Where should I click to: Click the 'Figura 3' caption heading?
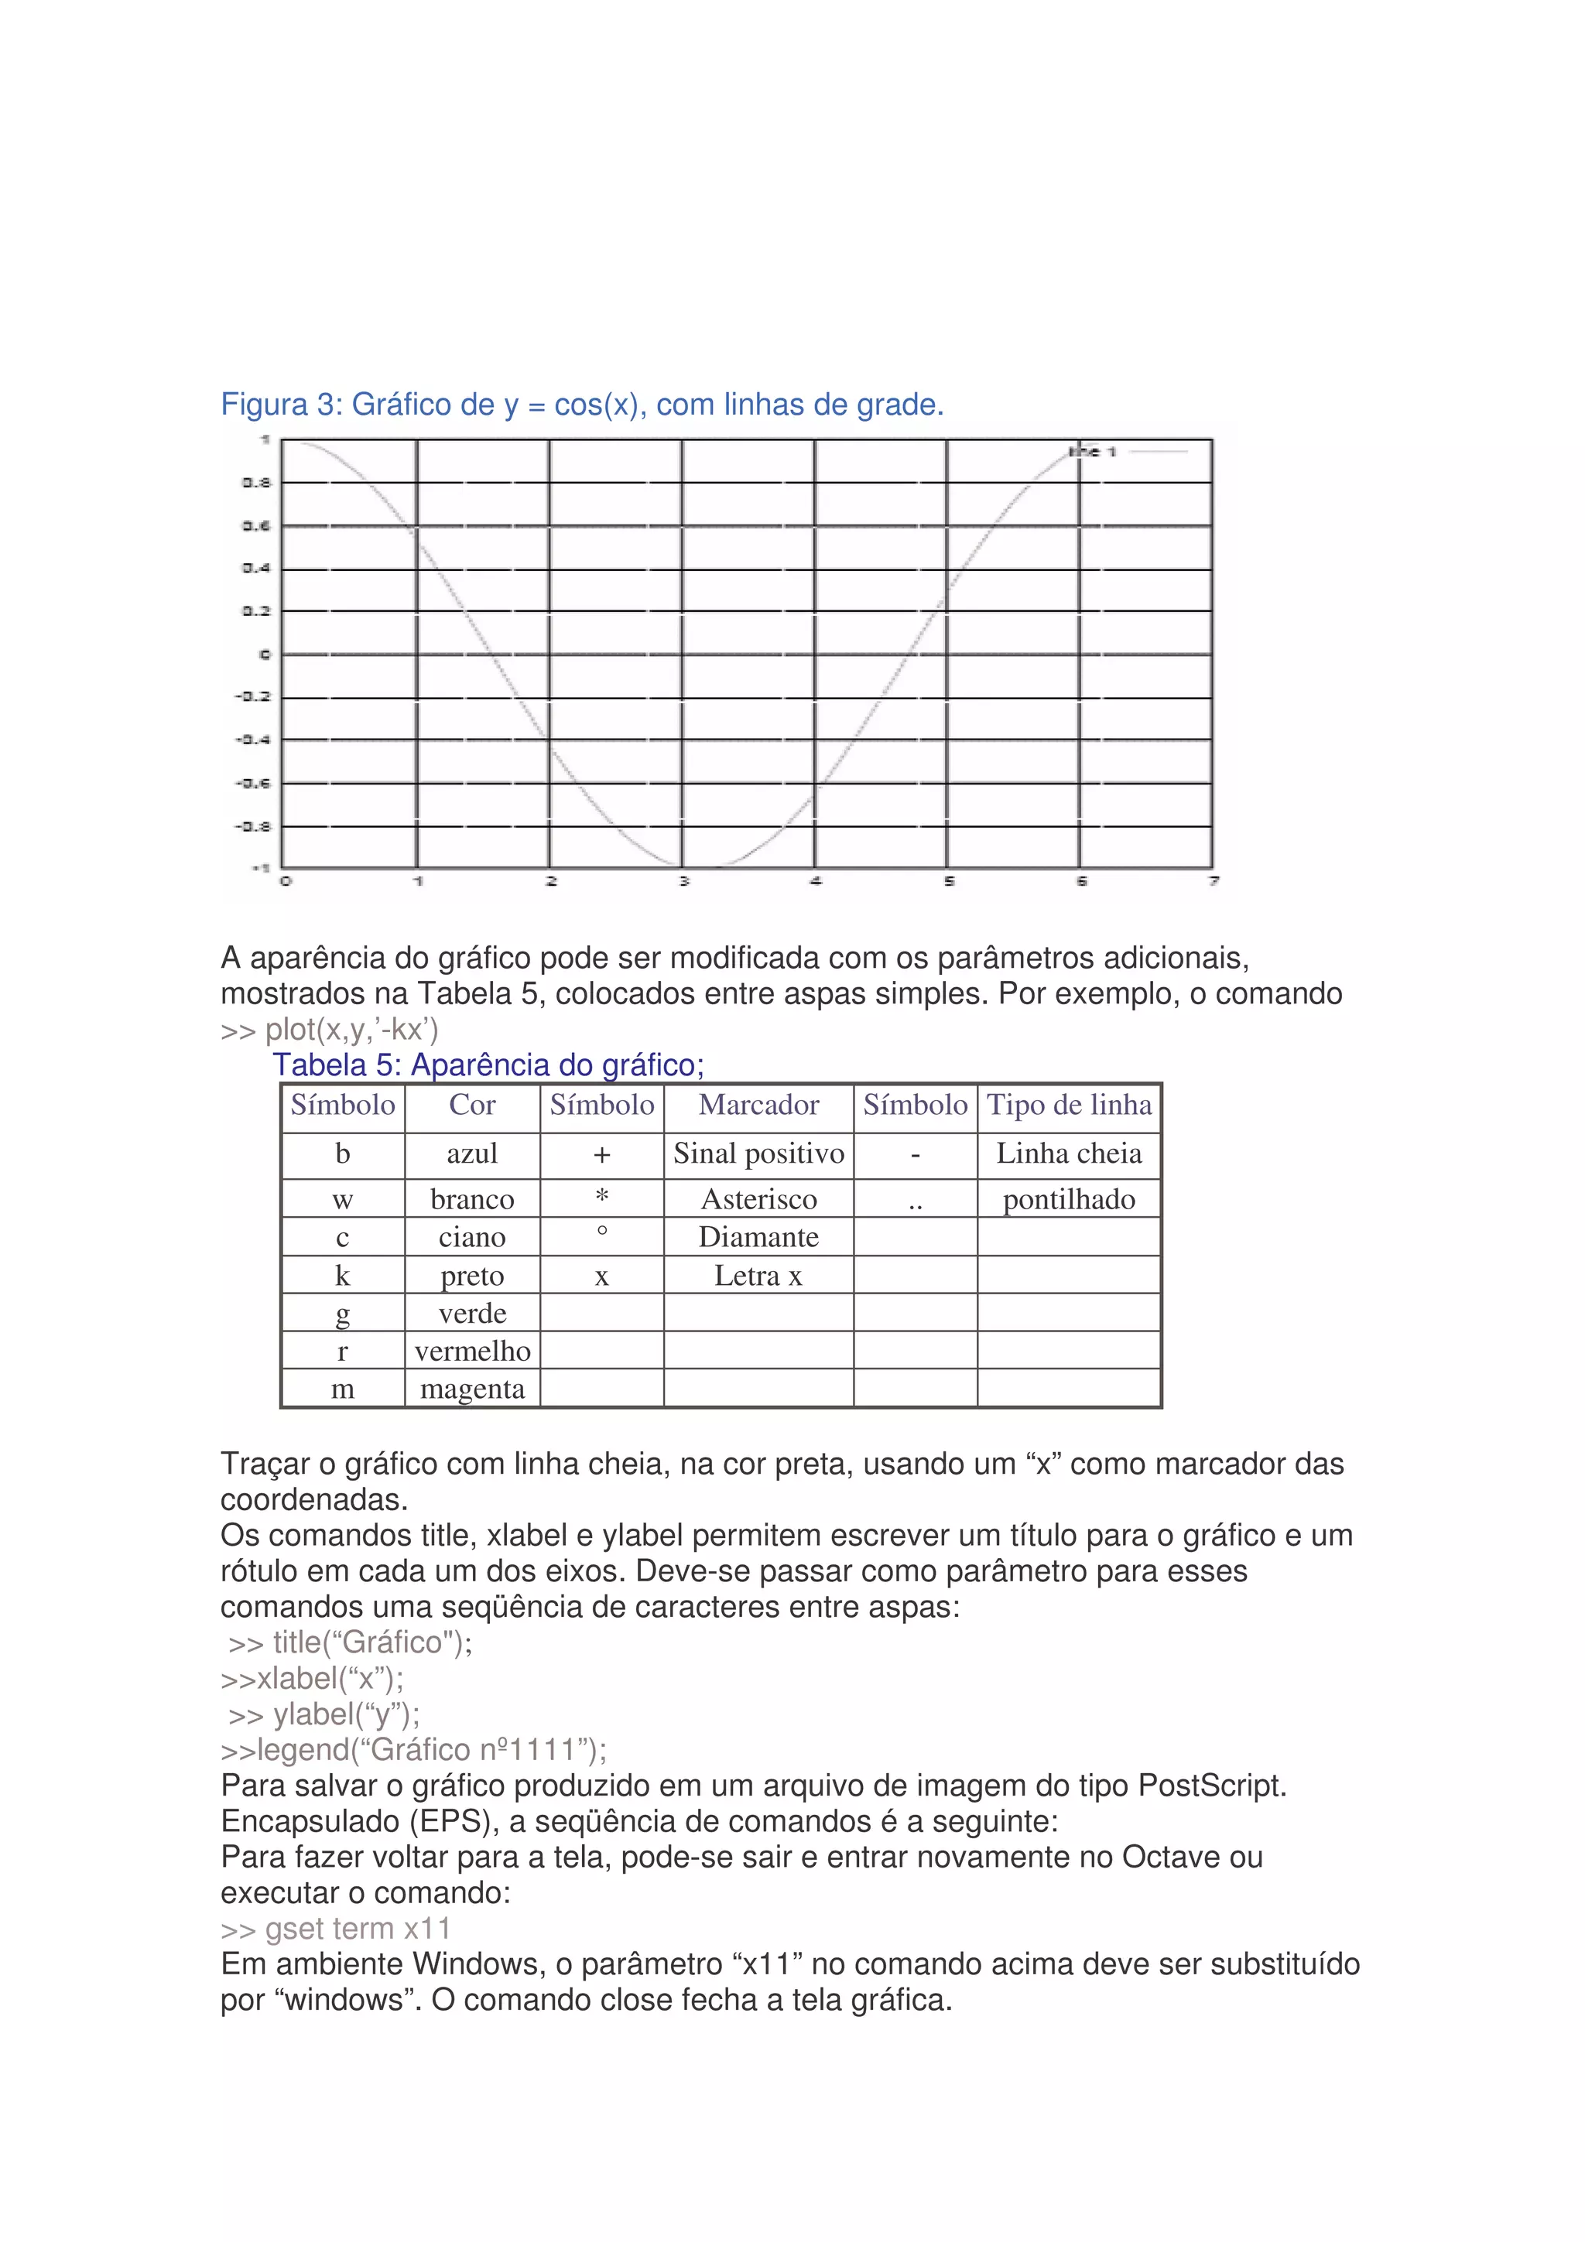[x=581, y=405]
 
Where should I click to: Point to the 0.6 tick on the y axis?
[x=256, y=525]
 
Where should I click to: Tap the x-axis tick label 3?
[x=683, y=880]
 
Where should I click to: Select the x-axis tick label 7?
[x=1213, y=880]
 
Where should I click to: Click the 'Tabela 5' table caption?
[x=488, y=1065]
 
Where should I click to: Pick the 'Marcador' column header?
[x=758, y=1106]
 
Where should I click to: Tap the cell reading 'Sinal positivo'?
[x=758, y=1154]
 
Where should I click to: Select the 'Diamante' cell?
[x=758, y=1237]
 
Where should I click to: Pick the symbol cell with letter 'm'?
[x=342, y=1389]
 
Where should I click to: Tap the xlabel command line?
[x=312, y=1679]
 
